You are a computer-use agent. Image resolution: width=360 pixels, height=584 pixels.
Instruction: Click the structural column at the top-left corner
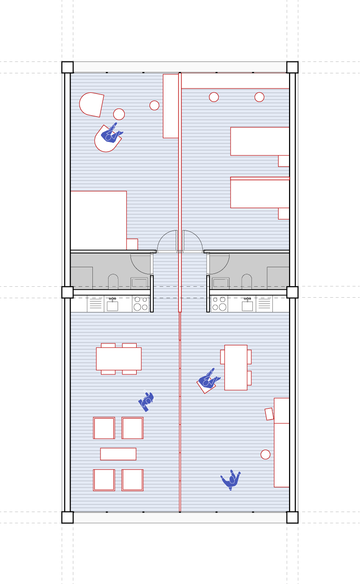(67, 67)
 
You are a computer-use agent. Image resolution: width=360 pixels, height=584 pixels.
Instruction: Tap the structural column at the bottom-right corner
(292, 517)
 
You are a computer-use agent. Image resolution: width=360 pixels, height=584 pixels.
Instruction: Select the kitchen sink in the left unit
(112, 305)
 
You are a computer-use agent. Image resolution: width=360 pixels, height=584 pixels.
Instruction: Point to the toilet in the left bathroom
(113, 282)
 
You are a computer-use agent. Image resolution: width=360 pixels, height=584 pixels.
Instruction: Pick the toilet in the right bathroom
(247, 282)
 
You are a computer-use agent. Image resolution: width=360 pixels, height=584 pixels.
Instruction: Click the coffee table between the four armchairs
(118, 454)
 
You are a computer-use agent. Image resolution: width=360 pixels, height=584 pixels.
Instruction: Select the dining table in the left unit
(119, 359)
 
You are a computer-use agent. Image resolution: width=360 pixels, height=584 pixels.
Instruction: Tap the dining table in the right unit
(236, 367)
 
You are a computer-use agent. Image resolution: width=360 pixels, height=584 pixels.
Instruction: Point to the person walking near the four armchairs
(147, 402)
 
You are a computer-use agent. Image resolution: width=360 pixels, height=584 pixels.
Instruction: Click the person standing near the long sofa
(231, 480)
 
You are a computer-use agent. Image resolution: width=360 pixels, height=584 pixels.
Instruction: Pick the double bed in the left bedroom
(99, 220)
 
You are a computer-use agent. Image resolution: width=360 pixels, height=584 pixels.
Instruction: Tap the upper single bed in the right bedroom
(260, 141)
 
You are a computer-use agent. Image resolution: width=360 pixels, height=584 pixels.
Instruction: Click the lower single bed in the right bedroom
(260, 193)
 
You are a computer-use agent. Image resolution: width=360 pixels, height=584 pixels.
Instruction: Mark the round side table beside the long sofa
(265, 454)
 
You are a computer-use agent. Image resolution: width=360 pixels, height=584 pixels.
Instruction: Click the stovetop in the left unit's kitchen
(140, 304)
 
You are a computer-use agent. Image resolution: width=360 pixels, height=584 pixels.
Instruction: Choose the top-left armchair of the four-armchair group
(104, 428)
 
